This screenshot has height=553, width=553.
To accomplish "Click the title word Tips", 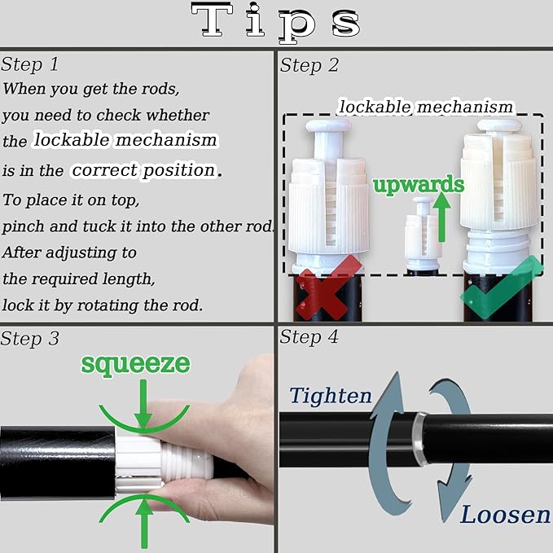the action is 276,22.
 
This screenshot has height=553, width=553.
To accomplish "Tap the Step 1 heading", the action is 29,64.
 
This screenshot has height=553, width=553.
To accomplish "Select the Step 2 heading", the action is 309,65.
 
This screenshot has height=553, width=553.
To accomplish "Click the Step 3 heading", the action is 29,339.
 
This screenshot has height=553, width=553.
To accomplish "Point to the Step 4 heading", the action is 309,337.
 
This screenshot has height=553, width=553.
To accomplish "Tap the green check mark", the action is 501,288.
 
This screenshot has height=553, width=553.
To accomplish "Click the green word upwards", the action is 419,185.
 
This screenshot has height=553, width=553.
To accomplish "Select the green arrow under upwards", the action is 441,217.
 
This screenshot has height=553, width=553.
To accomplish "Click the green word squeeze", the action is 136,364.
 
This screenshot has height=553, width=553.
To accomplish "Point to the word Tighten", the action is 331,395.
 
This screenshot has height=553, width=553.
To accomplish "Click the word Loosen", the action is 506,515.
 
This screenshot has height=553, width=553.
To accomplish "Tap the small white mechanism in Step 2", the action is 423,234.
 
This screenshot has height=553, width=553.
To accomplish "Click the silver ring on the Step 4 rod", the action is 419,439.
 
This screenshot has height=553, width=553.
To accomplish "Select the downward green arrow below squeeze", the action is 143,403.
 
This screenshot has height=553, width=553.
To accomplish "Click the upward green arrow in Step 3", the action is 144,523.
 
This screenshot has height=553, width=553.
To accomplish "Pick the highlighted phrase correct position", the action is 144,170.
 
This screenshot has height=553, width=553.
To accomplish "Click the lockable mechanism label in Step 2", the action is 426,108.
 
